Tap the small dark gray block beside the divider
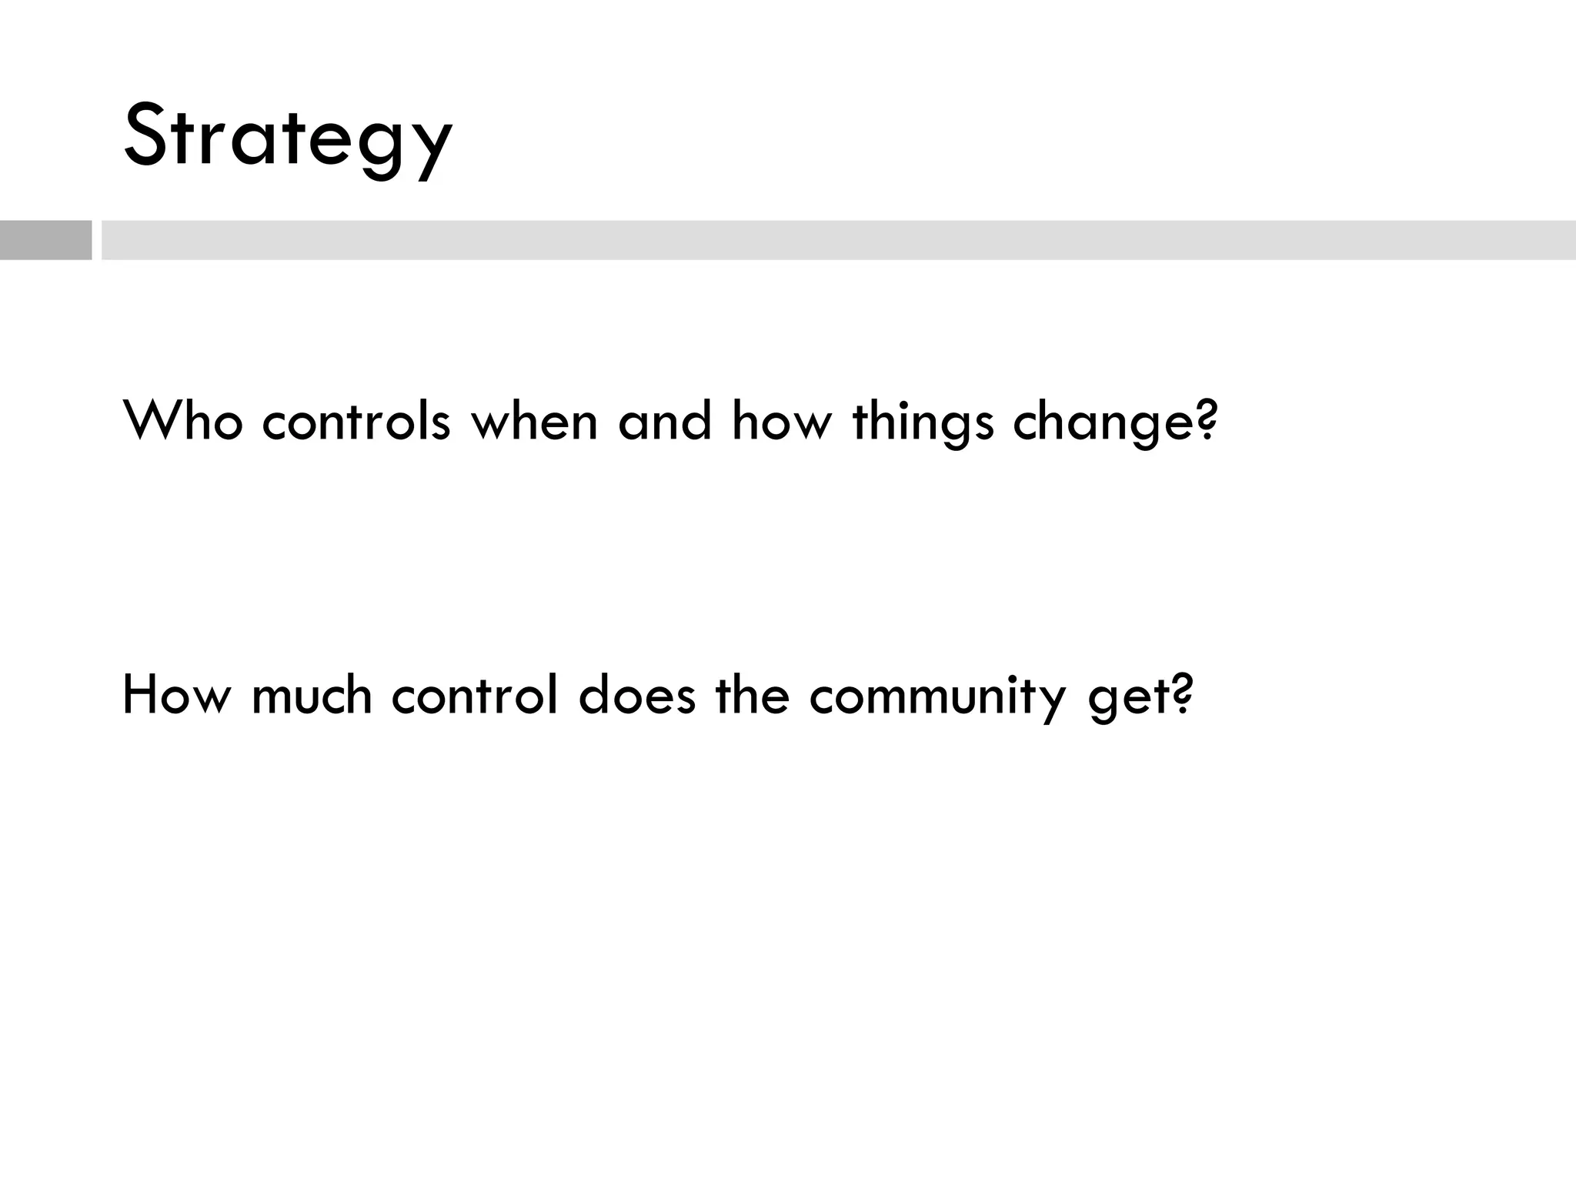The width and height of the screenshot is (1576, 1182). tap(45, 240)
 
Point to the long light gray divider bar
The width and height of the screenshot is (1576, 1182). tap(838, 240)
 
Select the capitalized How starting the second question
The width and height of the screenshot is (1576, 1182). tap(176, 694)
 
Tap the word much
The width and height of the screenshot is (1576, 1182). tap(312, 694)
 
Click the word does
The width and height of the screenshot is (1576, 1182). tap(636, 694)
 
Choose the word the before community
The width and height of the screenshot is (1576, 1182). tap(752, 694)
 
